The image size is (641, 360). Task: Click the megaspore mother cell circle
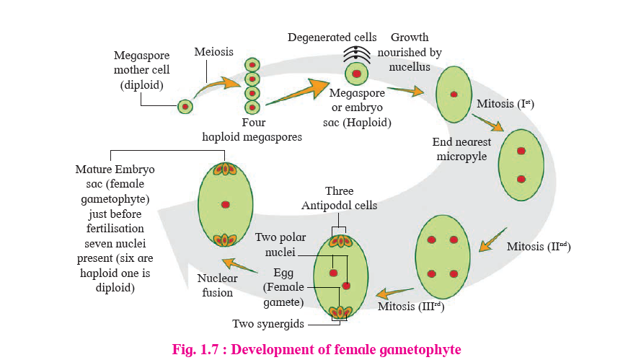click(x=185, y=107)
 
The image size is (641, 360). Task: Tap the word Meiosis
click(x=213, y=52)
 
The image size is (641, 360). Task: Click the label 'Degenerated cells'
click(x=332, y=37)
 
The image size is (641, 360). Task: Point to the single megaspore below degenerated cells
click(x=355, y=74)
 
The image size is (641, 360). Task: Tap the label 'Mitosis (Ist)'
click(x=505, y=105)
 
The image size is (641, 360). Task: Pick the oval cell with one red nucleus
click(x=454, y=95)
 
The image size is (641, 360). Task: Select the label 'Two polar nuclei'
click(x=275, y=245)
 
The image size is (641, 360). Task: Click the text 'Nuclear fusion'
click(x=216, y=286)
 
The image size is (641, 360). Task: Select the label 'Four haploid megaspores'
click(x=252, y=129)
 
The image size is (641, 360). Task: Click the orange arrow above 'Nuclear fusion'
click(x=238, y=265)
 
